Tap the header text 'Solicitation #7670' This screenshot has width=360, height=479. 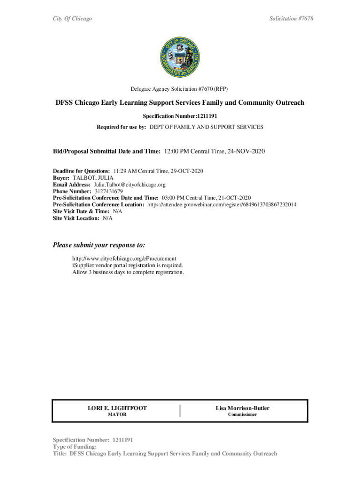(291, 19)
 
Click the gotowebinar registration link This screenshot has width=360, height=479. (222, 205)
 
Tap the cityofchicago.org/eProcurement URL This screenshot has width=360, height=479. (124, 258)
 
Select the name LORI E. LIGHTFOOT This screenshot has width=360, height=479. (117, 408)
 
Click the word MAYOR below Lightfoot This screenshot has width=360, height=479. (117, 415)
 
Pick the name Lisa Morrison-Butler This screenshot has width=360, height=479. (242, 408)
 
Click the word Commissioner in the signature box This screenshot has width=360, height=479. (242, 415)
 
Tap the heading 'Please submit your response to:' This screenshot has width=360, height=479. (99, 245)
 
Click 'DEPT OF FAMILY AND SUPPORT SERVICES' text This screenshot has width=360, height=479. (206, 127)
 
